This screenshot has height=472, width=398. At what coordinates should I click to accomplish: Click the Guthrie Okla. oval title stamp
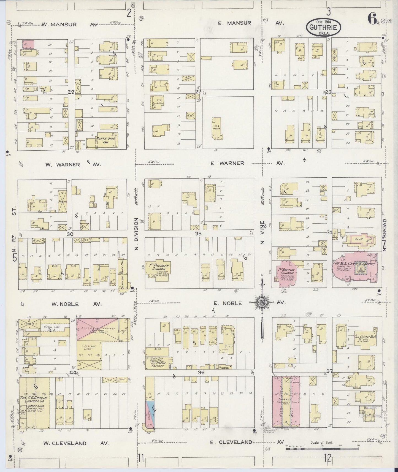pyautogui.click(x=324, y=27)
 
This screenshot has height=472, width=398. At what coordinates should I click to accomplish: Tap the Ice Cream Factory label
pyautogui.click(x=157, y=364)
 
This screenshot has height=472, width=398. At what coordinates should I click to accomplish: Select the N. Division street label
pyautogui.click(x=136, y=234)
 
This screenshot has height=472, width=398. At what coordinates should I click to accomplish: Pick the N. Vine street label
pyautogui.click(x=262, y=233)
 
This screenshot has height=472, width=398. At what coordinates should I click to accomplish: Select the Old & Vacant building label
pyautogui.click(x=216, y=128)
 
